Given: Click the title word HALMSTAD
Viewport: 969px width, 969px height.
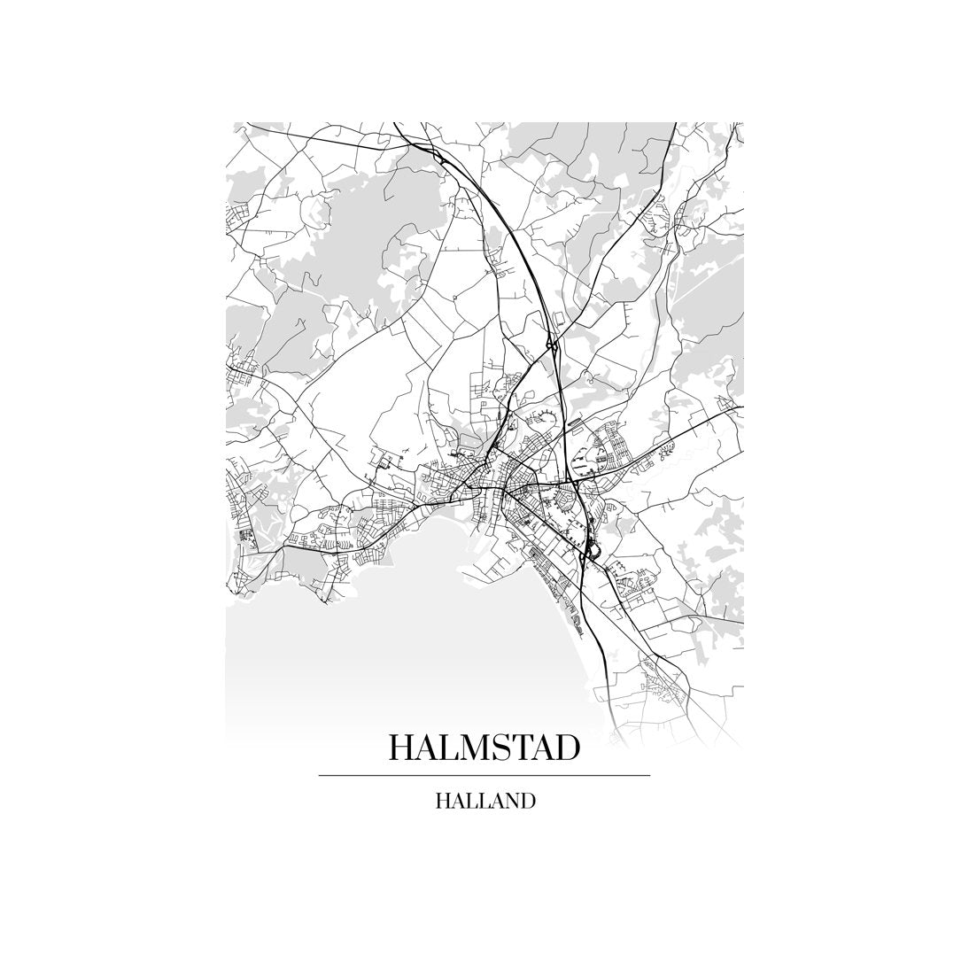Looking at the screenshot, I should point(484,748).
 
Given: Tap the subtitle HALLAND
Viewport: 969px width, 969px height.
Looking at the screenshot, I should point(484,802).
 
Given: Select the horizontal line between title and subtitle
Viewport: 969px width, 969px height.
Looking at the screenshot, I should point(484,776).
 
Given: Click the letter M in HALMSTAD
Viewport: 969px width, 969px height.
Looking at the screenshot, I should point(472,748).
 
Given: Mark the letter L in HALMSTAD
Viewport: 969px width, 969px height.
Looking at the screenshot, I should point(448,748).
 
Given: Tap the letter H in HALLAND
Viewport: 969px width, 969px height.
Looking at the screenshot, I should point(443,802).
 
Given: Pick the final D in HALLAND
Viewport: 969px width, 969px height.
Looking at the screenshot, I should point(528,802).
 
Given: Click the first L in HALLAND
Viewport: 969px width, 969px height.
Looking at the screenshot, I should point(469,802).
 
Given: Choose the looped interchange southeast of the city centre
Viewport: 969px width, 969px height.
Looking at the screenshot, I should point(590,553).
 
